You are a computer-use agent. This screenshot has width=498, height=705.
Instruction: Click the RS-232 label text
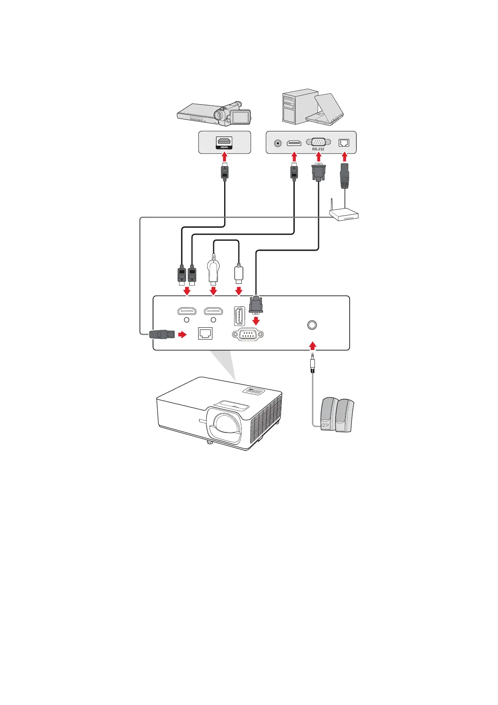pos(318,149)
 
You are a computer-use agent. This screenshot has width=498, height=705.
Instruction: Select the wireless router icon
pos(344,214)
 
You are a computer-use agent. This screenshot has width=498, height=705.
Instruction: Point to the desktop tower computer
pos(295,107)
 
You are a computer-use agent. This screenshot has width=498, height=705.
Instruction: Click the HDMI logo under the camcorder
pos(224,147)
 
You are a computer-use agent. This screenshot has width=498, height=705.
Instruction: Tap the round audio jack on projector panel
pos(312,325)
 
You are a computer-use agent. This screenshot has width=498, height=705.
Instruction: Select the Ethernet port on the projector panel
pos(205,334)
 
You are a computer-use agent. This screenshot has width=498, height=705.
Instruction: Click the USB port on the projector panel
pos(239,316)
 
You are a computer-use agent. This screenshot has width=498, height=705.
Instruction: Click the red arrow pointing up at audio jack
pos(312,346)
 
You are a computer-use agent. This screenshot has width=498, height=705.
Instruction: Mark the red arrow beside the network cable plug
pos(182,334)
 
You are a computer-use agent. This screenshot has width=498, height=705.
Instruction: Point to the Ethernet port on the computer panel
pos(344,143)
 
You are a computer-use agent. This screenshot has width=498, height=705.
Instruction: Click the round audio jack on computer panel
pos(277,143)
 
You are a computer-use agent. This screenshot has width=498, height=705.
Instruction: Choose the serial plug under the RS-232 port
pos(319,172)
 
